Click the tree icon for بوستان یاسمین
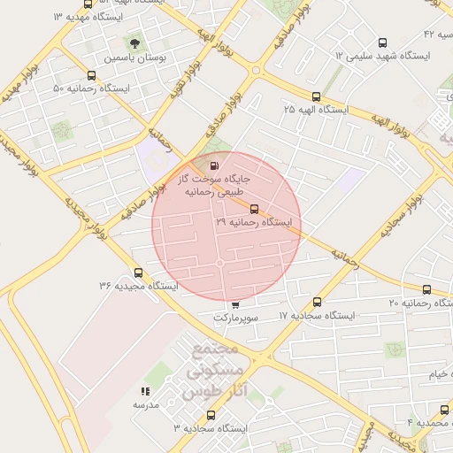click(x=134, y=42)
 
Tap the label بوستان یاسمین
click(x=135, y=57)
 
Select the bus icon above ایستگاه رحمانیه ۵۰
click(x=91, y=75)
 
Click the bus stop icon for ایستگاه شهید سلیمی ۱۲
click(x=382, y=42)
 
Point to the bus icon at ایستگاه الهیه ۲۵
click(x=316, y=96)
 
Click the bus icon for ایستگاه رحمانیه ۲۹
click(x=255, y=210)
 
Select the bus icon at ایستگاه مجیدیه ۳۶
click(x=137, y=273)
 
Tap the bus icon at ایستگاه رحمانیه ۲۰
click(x=427, y=289)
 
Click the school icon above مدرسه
click(x=145, y=391)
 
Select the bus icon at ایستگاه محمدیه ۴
click(x=444, y=409)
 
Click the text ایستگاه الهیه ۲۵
click(x=316, y=110)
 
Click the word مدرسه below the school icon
click(x=145, y=404)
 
